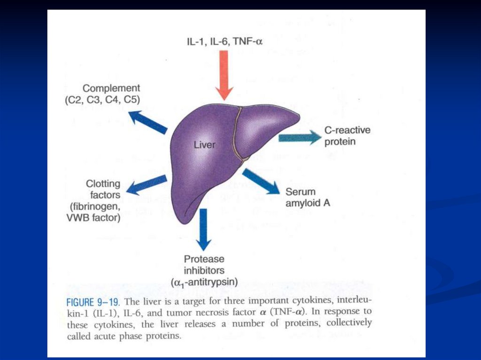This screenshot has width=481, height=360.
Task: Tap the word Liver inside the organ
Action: [x=204, y=145]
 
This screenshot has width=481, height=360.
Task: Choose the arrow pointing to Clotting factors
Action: [x=147, y=185]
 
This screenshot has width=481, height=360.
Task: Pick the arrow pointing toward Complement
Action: [x=148, y=122]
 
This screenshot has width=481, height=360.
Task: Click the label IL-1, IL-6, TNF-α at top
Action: [x=225, y=42]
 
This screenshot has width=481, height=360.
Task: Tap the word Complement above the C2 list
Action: [x=111, y=88]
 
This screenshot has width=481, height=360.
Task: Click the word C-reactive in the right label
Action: [x=348, y=130]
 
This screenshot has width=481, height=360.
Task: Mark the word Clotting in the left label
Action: [x=103, y=184]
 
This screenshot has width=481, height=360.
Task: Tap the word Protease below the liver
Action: [x=204, y=259]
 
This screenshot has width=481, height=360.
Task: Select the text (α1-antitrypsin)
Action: [x=204, y=282]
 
